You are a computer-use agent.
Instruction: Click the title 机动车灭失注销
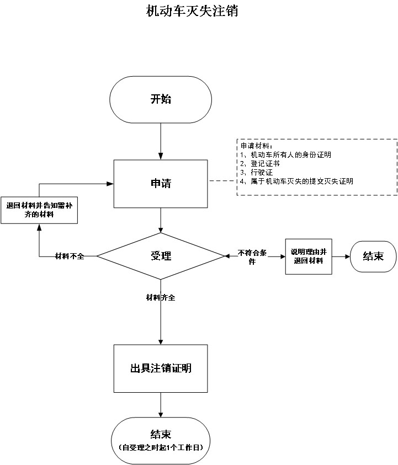pos(192,12)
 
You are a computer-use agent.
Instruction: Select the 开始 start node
pos(161,99)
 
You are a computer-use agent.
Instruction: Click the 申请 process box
pos(161,183)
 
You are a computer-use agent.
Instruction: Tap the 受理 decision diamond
pos(161,256)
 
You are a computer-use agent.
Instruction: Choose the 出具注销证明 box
pos(161,368)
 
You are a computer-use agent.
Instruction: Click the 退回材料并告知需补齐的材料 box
pos(38,210)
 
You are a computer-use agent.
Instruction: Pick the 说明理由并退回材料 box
pos(308,256)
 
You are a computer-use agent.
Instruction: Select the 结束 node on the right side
pos(373,256)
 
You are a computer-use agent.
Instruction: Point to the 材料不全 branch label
pos(70,256)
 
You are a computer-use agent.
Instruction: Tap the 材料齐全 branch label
pos(161,298)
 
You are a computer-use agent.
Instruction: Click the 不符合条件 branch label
pos(253,256)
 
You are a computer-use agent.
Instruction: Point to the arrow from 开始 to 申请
pos(161,141)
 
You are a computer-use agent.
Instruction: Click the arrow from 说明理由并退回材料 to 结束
pos(341,256)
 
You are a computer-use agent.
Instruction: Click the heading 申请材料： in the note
pos(253,146)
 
